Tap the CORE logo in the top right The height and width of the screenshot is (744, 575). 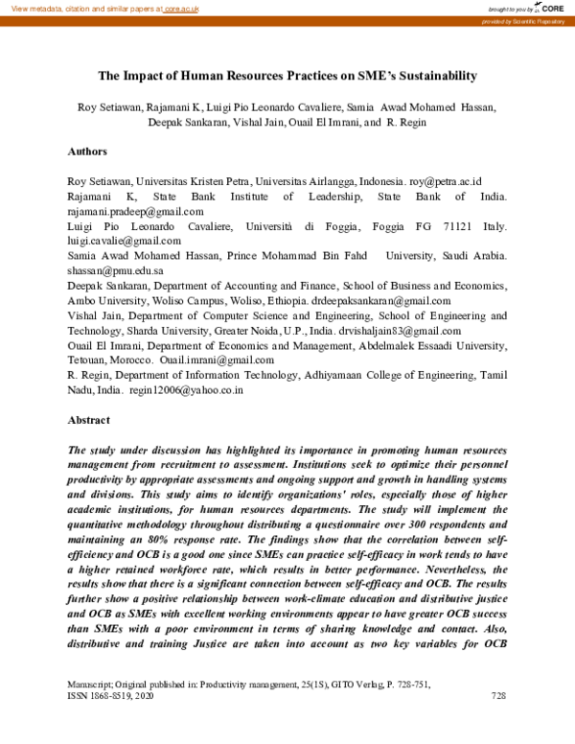550,8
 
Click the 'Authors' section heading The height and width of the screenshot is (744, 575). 87,151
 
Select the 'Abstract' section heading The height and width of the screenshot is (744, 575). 89,420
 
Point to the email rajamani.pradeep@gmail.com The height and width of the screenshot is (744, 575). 135,211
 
